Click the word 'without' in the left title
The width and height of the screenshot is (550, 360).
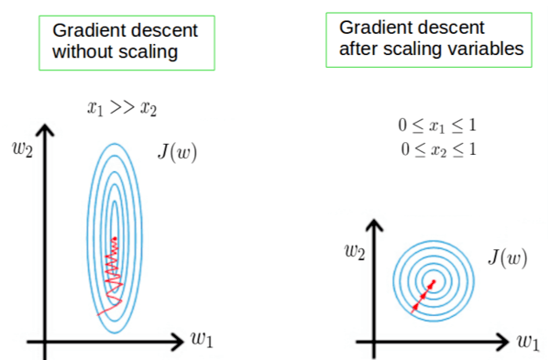click(81, 53)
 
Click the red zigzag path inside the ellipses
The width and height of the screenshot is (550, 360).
click(113, 270)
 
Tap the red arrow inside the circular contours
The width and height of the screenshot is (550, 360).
click(423, 294)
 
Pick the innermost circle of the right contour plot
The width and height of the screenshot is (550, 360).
click(434, 278)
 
